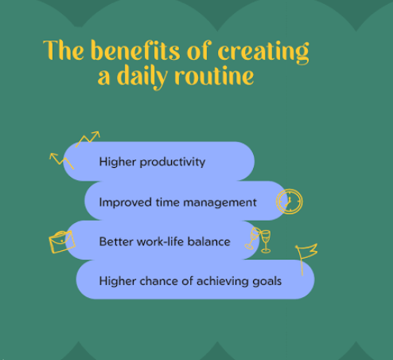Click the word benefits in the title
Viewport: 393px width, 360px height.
[135, 50]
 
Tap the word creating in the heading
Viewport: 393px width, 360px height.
[263, 53]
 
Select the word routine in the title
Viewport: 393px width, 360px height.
[214, 76]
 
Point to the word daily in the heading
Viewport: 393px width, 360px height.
[142, 77]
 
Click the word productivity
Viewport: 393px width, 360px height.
[173, 162]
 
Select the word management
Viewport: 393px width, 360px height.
[220, 203]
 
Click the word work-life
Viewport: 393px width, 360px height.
[160, 241]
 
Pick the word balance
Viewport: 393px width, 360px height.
[209, 241]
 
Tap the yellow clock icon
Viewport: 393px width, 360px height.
[290, 202]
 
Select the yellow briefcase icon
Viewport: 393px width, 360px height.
[62, 241]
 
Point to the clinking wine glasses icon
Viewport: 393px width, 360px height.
[258, 241]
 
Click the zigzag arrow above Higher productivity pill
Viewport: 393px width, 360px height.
[88, 139]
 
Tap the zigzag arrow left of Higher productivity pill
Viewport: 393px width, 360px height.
[61, 161]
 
